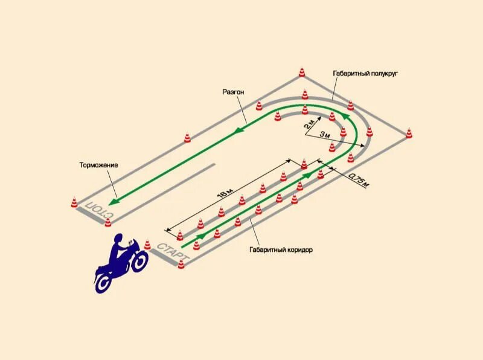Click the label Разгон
tap(233, 91)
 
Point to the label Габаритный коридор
tap(281, 249)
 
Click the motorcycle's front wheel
tap(139, 261)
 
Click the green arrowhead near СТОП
tap(114, 202)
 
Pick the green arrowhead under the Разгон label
tap(240, 129)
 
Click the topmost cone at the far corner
tap(302, 72)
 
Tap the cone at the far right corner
tap(409, 132)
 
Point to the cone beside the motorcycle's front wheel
tap(147, 245)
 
